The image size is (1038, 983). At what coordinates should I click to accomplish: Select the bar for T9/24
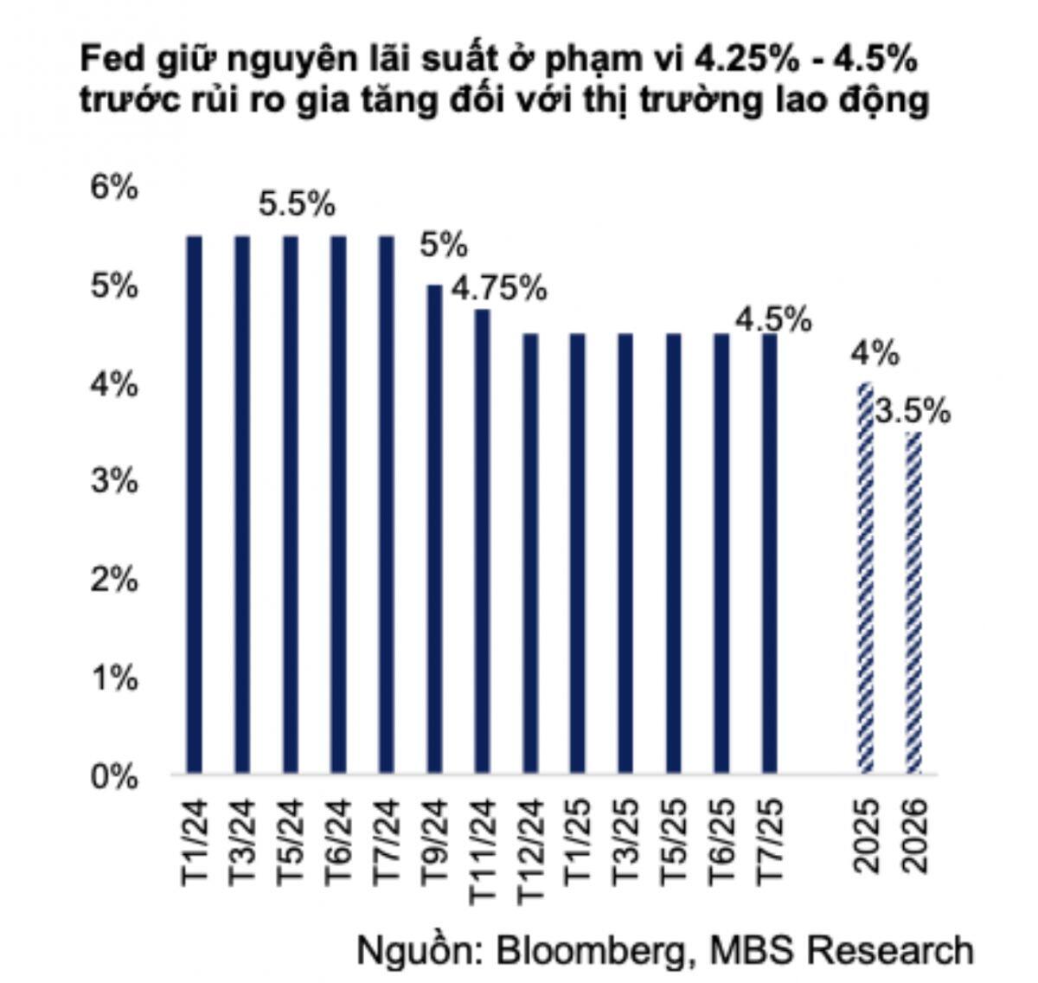coord(434,528)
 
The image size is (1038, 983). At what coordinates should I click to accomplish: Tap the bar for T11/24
coord(483,540)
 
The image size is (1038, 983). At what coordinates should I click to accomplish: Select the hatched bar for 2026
coord(913,601)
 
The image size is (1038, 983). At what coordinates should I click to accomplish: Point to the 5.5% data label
coord(297,205)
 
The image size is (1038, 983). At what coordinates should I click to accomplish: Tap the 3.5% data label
coord(912,411)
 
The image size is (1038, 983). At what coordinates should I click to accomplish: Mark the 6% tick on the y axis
coord(114,187)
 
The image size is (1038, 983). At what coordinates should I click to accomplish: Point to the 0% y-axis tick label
coord(114,776)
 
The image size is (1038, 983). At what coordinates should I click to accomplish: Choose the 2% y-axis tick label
coord(114,581)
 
